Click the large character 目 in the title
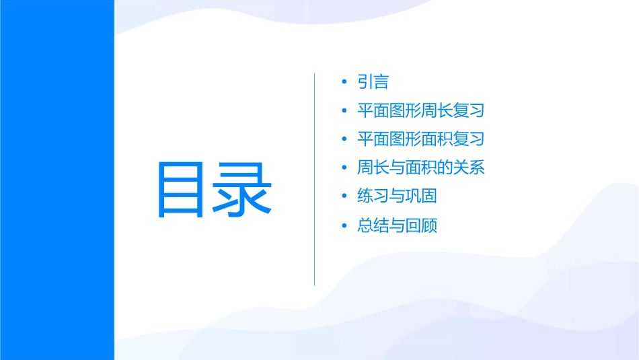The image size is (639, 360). click(184, 190)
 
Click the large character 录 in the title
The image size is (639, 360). click(244, 190)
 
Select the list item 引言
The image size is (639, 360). click(373, 82)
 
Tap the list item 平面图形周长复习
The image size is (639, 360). click(421, 110)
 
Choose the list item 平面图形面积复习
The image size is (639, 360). click(421, 139)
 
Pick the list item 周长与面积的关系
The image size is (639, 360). click(421, 168)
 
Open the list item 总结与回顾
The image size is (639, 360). click(398, 225)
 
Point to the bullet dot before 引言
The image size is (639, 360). click(344, 82)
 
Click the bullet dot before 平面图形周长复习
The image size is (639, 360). click(344, 110)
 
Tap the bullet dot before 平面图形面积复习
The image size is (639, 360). click(344, 139)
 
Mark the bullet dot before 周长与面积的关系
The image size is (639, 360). click(344, 168)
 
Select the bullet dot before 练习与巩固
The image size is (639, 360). click(344, 196)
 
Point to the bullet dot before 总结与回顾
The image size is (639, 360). click(344, 225)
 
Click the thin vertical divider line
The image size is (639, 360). click(315, 179)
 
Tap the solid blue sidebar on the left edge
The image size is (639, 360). click(57, 180)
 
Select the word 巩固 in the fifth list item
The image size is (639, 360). click(422, 196)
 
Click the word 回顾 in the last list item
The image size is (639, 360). click(422, 225)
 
